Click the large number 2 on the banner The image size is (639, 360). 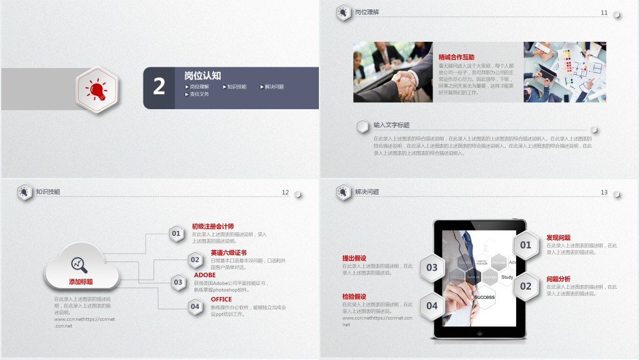[x=159, y=87]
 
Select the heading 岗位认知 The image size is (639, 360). [x=202, y=75]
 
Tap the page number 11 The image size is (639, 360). [x=603, y=12]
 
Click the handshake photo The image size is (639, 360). [x=393, y=72]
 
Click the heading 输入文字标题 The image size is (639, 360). [x=391, y=125]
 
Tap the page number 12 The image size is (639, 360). [x=285, y=193]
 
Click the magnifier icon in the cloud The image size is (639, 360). [x=79, y=264]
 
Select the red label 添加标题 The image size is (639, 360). [x=81, y=282]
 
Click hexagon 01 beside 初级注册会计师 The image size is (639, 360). [x=177, y=234]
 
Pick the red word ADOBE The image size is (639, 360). [x=205, y=275]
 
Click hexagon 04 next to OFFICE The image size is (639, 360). [x=195, y=306]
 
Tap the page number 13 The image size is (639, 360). [x=603, y=193]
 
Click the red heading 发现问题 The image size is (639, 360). [x=559, y=238]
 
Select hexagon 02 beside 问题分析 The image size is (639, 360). [x=526, y=286]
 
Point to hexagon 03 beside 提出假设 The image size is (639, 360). [x=432, y=268]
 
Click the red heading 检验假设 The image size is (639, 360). [x=354, y=296]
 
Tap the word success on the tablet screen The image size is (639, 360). [x=484, y=297]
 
